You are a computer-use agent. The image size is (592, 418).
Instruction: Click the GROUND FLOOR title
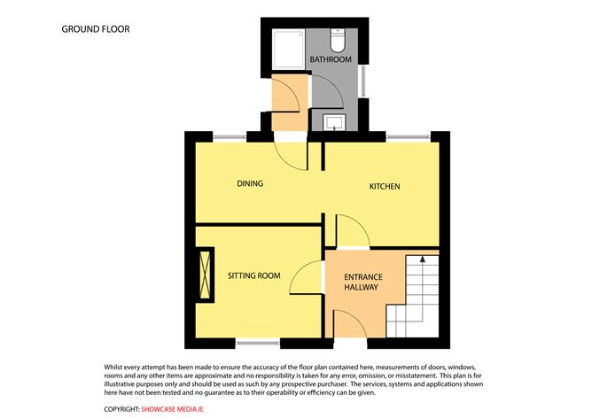pyautogui.click(x=96, y=29)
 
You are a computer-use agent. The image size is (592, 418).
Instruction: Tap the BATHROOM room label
pyautogui.click(x=331, y=59)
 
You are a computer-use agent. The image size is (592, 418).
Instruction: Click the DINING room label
pyautogui.click(x=250, y=183)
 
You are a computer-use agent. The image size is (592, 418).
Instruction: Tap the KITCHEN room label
pyautogui.click(x=385, y=187)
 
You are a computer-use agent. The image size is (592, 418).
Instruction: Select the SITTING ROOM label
pyautogui.click(x=253, y=276)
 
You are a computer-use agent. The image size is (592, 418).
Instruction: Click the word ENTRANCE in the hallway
pyautogui.click(x=362, y=276)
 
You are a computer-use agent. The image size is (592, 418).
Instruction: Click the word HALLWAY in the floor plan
pyautogui.click(x=362, y=288)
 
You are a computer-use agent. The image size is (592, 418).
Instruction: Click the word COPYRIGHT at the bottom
pyautogui.click(x=121, y=410)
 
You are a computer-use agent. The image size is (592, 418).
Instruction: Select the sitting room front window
pyautogui.click(x=258, y=344)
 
